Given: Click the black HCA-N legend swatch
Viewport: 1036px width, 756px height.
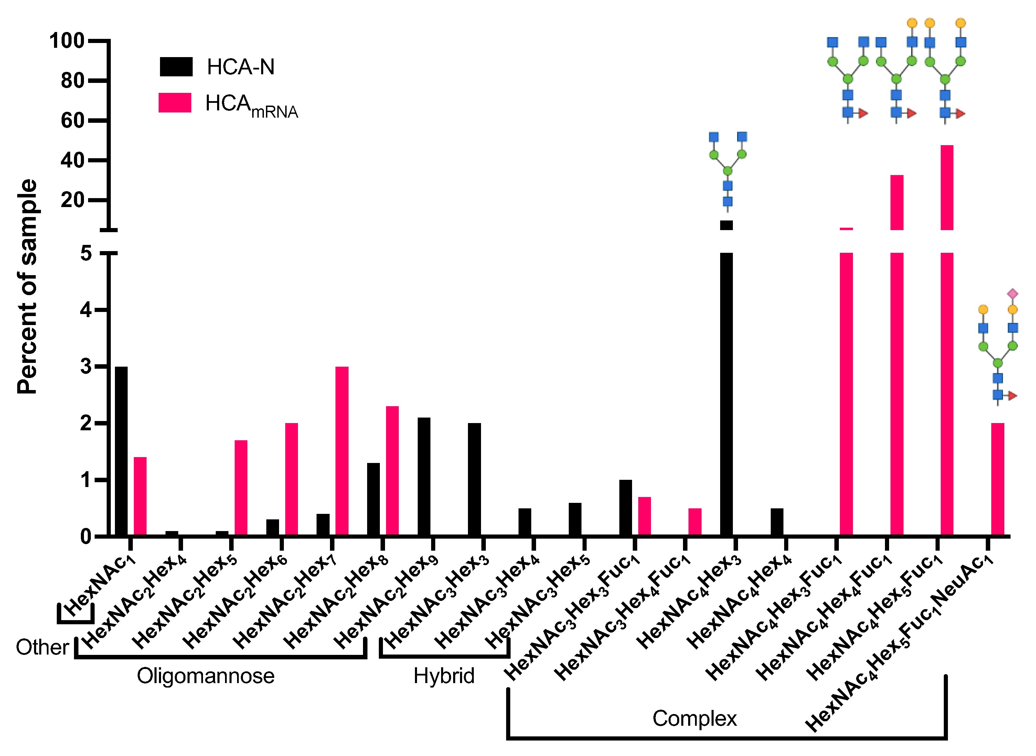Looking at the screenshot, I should (x=176, y=67).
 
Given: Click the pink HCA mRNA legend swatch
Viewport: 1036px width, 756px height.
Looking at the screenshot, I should (x=174, y=102).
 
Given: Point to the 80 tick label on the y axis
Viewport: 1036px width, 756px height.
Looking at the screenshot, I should (x=72, y=80).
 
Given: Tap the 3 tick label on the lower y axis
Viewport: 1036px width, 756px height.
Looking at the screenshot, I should (x=86, y=367).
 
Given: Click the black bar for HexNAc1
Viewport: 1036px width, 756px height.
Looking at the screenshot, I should (x=121, y=451).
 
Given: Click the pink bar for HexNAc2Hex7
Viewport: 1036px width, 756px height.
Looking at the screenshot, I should (x=342, y=451).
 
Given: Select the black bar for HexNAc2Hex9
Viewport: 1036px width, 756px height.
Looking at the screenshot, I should (x=424, y=476).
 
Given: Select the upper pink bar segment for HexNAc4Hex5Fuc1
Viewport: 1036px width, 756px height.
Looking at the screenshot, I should (x=947, y=188).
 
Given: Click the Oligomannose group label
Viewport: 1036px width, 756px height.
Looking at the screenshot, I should (x=205, y=676).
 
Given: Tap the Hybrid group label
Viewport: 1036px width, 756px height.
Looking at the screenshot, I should (x=444, y=676).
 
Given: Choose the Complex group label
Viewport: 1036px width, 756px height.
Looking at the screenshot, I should (x=694, y=719).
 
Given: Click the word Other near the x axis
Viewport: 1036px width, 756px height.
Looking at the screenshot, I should (x=42, y=648).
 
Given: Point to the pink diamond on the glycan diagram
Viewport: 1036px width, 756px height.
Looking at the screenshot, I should (x=1013, y=294).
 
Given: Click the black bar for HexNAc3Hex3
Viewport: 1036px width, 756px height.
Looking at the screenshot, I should (x=474, y=479).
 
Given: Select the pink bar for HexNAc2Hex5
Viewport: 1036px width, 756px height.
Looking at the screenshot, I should (x=241, y=487).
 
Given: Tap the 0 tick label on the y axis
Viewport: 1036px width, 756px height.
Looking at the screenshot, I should (x=86, y=536).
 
